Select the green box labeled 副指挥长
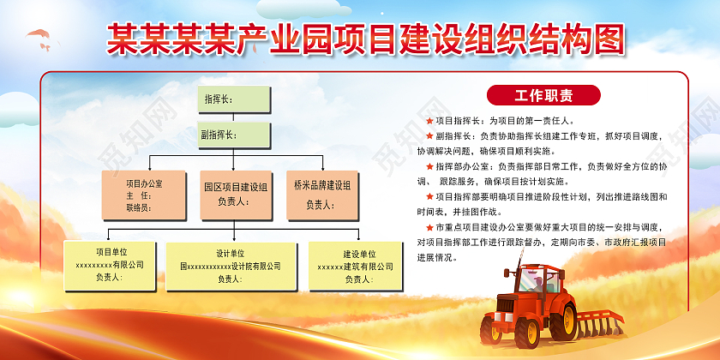coord(234,135)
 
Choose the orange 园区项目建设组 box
coord(234,195)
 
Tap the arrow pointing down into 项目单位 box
coord(110,236)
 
